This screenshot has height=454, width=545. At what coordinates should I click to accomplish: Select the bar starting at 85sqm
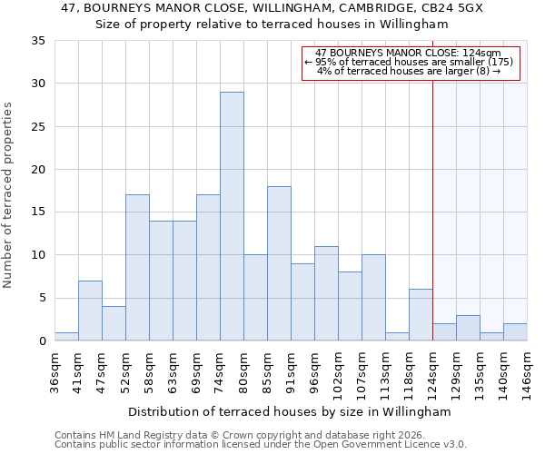pos(279,263)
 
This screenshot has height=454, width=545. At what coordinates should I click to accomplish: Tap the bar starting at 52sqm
pos(137,268)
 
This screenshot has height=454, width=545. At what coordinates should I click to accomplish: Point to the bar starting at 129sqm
pos(468,328)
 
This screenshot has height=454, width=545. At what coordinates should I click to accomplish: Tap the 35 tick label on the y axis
pos(38,41)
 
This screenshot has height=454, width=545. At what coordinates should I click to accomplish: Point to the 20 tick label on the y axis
pos(38,170)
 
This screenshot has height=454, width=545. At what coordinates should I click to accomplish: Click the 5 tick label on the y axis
pos(42,299)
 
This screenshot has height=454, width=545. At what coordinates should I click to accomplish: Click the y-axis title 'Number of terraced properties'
pos(9,195)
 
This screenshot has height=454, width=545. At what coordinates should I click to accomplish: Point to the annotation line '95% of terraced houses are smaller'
pos(409,62)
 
